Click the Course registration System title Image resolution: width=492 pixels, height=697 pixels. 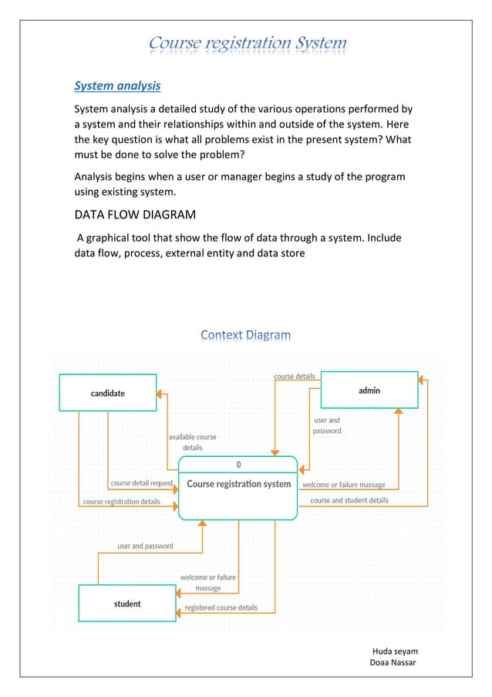coord(248,43)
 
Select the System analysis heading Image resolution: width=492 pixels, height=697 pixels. coord(117,85)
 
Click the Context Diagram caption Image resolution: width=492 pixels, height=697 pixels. coord(246,334)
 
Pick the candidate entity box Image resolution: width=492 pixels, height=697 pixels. coord(108,393)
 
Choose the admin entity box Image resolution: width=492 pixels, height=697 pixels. coord(369,390)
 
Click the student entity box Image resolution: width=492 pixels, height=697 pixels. coord(127,604)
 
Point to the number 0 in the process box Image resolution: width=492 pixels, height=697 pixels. coord(238,465)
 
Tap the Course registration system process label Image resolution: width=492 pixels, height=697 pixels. coord(239,485)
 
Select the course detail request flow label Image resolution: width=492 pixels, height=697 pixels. coord(142,483)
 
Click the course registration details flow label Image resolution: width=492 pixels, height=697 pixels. coord(122,502)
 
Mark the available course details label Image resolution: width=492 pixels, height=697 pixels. coord(193,442)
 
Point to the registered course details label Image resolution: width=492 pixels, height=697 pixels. coord(221,607)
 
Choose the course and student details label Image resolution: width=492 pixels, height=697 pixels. coord(349,500)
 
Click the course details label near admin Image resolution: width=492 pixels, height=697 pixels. coord(295,377)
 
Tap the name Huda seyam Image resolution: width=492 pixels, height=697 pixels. coord(395,651)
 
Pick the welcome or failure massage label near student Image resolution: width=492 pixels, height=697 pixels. coord(208,583)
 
